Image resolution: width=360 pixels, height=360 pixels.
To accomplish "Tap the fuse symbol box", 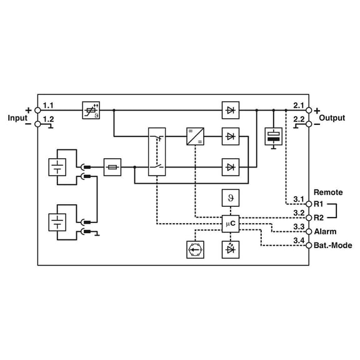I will (x=112, y=167).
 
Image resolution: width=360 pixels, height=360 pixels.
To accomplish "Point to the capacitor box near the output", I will (x=274, y=137).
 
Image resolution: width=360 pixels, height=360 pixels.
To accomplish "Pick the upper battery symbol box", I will (x=57, y=167).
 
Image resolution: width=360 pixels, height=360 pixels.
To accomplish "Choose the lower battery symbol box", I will (x=57, y=222).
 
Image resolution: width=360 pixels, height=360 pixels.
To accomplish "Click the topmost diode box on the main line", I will (x=231, y=111).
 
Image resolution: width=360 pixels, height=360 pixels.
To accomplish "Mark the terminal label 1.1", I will (x=48, y=104).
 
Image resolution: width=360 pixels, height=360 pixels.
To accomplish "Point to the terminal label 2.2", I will (x=299, y=118).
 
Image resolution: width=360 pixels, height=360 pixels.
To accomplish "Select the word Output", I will (x=332, y=117).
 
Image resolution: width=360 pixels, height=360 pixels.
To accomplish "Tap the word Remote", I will (x=327, y=192).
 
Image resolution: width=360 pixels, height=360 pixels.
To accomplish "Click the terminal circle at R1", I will (x=308, y=204).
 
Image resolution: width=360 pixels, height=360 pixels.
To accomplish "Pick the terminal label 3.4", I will (x=299, y=239).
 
